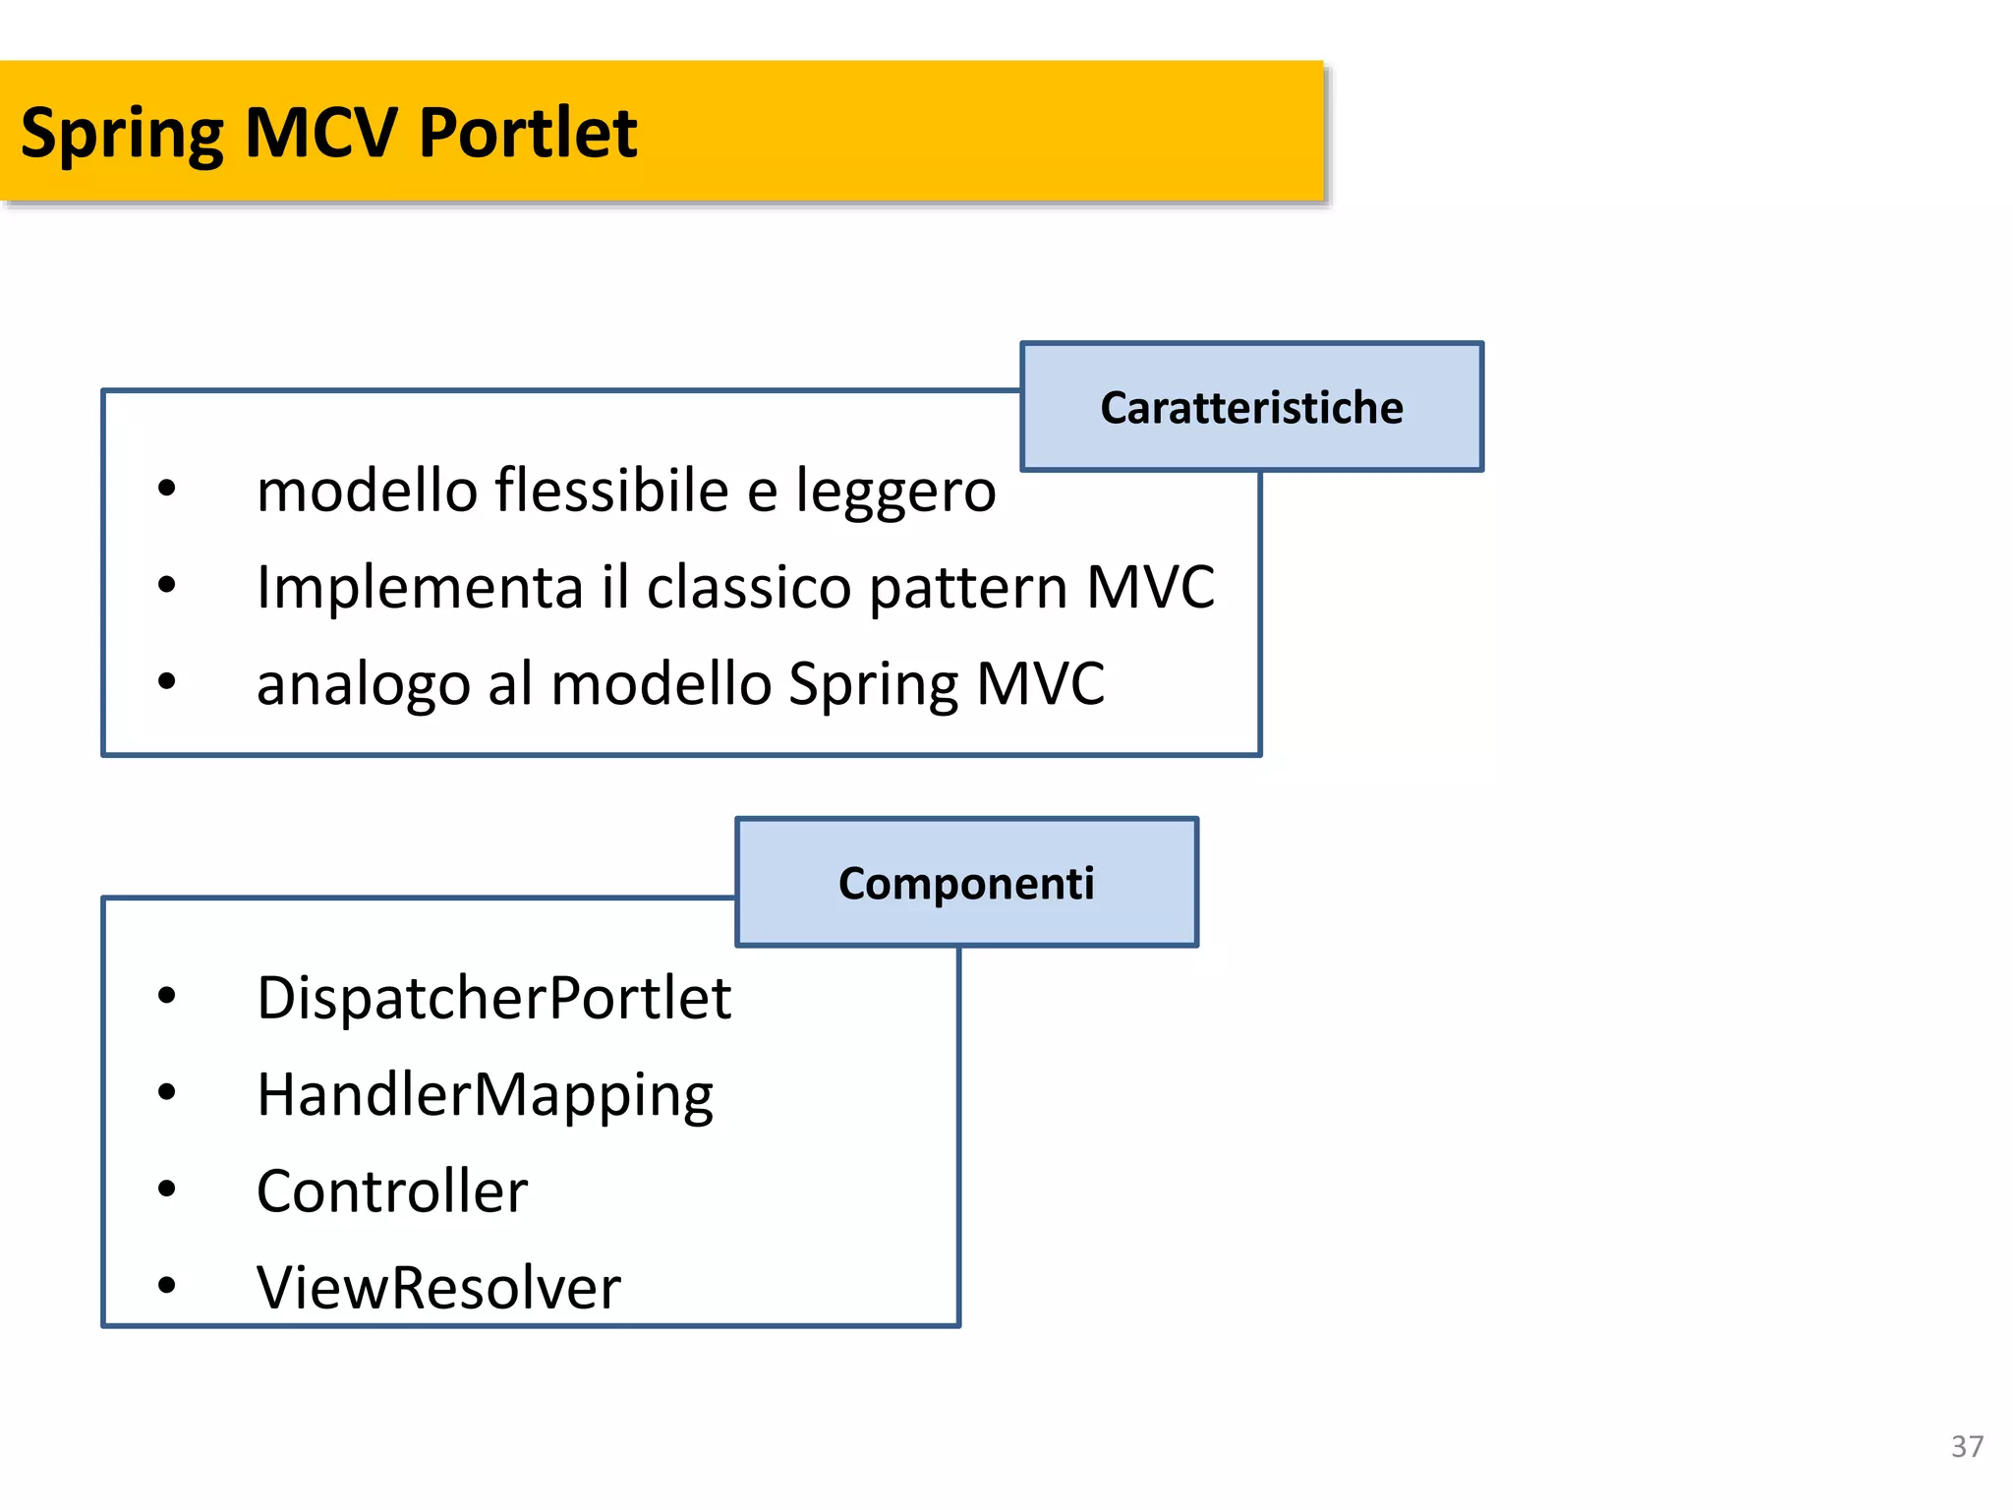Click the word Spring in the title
pyautogui.click(x=122, y=134)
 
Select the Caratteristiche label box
pyautogui.click(x=1251, y=407)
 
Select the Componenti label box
pyautogui.click(x=966, y=883)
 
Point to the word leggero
pyautogui.click(x=895, y=492)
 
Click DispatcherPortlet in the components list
pyautogui.click(x=493, y=998)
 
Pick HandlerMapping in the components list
pyautogui.click(x=485, y=1095)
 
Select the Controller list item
pyautogui.click(x=392, y=1191)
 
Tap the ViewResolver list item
pyautogui.click(x=438, y=1288)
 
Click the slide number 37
pyautogui.click(x=1967, y=1446)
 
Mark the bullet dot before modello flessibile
pyautogui.click(x=167, y=489)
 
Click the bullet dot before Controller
pyautogui.click(x=167, y=1190)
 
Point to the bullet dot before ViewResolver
pyautogui.click(x=167, y=1286)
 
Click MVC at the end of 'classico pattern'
pyautogui.click(x=1150, y=587)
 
